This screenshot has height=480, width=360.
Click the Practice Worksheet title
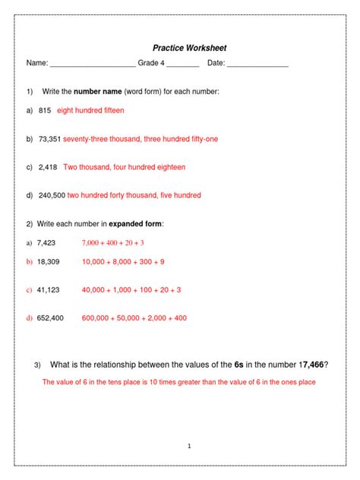pyautogui.click(x=189, y=48)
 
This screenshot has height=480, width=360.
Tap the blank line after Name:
pyautogui.click(x=92, y=65)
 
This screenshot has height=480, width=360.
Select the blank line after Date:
pyautogui.click(x=257, y=65)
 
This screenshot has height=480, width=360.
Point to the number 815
pyautogui.click(x=44, y=110)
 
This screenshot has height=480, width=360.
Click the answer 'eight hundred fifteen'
pyautogui.click(x=90, y=110)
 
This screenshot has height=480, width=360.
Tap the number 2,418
pyautogui.click(x=48, y=167)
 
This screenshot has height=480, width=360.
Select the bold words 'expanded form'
pyautogui.click(x=136, y=224)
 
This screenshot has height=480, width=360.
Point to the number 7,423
pyautogui.click(x=45, y=243)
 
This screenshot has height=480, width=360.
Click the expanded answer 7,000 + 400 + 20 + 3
pyautogui.click(x=112, y=243)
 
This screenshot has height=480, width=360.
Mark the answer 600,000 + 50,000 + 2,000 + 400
pyautogui.click(x=134, y=318)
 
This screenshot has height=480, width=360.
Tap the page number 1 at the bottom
pyautogui.click(x=188, y=445)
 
